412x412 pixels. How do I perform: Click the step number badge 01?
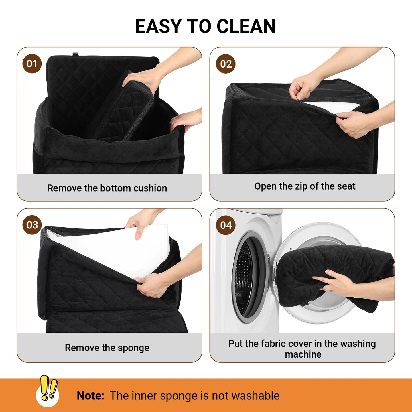pyautogui.click(x=32, y=64)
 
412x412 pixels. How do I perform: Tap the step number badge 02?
pyautogui.click(x=226, y=64)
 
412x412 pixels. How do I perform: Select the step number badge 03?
pyautogui.click(x=32, y=225)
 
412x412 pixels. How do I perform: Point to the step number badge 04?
pyautogui.click(x=226, y=225)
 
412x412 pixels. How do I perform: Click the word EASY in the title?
pyautogui.click(x=159, y=26)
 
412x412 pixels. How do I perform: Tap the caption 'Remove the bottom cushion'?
pyautogui.click(x=107, y=188)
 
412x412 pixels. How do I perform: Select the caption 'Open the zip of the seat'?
pyautogui.click(x=305, y=186)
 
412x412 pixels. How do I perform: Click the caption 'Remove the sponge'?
pyautogui.click(x=107, y=348)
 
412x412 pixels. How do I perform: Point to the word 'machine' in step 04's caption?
pyautogui.click(x=303, y=354)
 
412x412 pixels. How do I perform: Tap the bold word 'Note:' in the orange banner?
pyautogui.click(x=91, y=396)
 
